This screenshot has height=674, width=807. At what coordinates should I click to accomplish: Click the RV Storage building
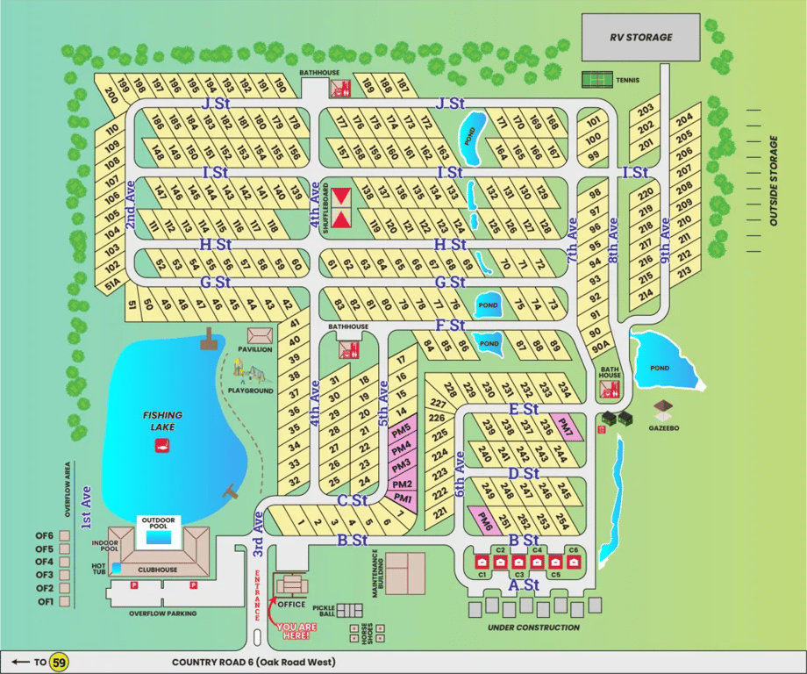click(641, 38)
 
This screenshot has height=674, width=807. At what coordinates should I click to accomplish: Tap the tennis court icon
click(597, 80)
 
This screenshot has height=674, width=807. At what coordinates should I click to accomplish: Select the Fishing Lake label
click(163, 420)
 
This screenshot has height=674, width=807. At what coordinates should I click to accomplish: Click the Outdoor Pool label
click(159, 524)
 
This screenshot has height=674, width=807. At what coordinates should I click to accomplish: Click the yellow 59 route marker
click(60, 662)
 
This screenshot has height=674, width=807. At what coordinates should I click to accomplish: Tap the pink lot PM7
click(566, 427)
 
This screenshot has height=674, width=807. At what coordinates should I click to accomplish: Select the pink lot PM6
click(485, 520)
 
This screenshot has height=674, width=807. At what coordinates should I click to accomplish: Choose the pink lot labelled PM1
click(403, 498)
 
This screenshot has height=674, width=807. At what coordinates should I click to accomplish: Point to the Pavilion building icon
click(260, 336)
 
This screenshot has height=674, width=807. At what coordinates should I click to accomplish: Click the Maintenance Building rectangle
click(405, 572)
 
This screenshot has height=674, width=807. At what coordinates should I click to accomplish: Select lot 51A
click(112, 283)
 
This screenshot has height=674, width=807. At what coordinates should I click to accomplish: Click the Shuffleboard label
click(324, 208)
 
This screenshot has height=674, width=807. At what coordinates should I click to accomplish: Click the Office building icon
click(291, 584)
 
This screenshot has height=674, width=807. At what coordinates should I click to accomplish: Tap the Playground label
click(250, 391)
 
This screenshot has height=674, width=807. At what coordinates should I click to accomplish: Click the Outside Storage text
click(774, 181)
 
